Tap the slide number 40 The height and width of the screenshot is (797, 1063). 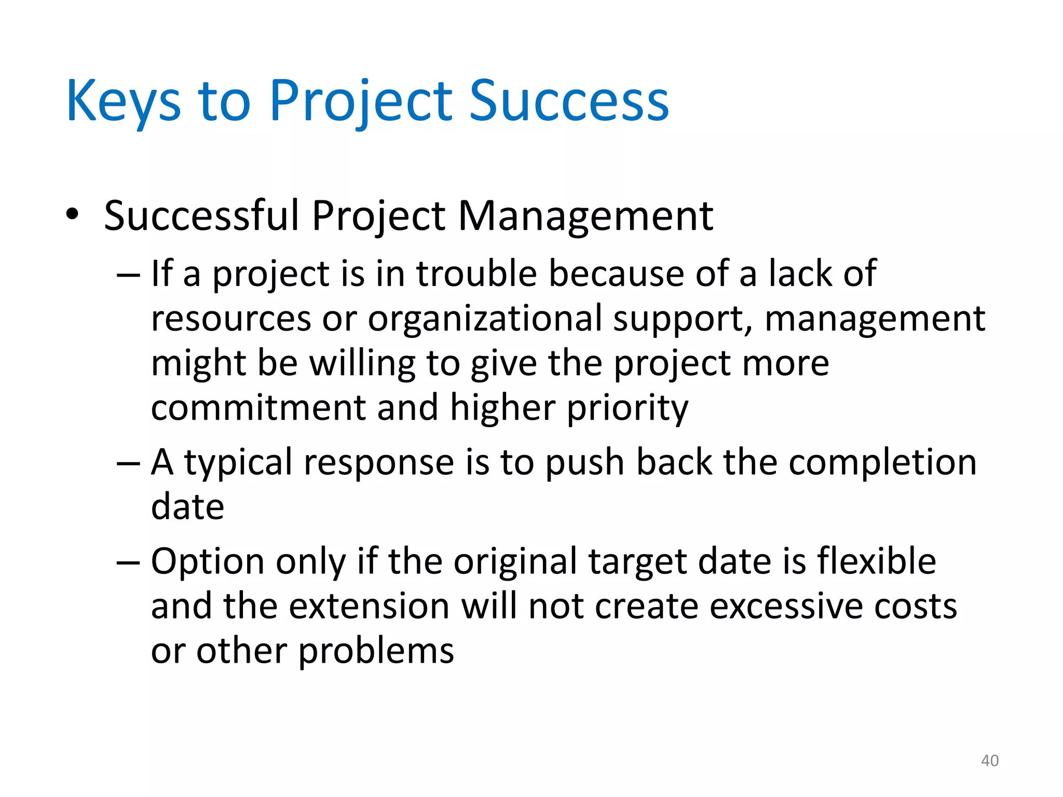click(989, 761)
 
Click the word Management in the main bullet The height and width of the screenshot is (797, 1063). click(585, 216)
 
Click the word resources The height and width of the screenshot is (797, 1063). click(231, 319)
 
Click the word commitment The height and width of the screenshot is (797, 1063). click(258, 408)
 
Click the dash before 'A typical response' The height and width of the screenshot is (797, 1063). click(128, 463)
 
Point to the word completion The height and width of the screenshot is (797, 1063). click(882, 463)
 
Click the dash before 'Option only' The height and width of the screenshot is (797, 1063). click(128, 562)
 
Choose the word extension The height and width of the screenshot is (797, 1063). click(369, 606)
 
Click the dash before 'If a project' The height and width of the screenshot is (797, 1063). click(128, 274)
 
